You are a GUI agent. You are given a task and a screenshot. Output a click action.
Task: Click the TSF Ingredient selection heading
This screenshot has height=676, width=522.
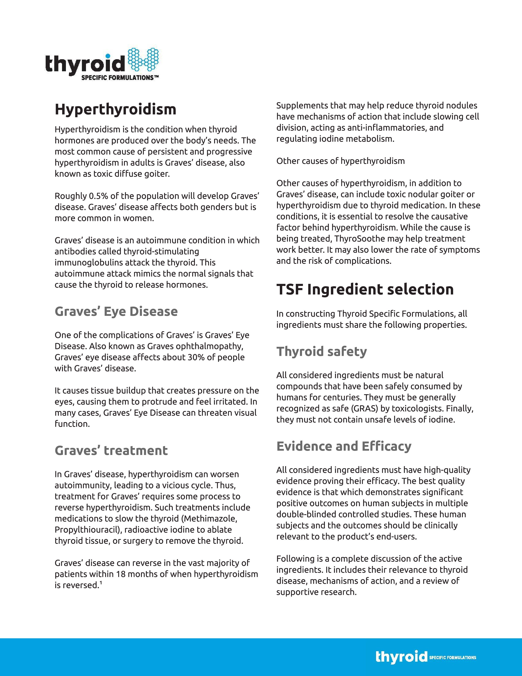click(365, 289)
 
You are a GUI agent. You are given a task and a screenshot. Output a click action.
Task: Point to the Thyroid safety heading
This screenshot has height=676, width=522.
click(322, 352)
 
